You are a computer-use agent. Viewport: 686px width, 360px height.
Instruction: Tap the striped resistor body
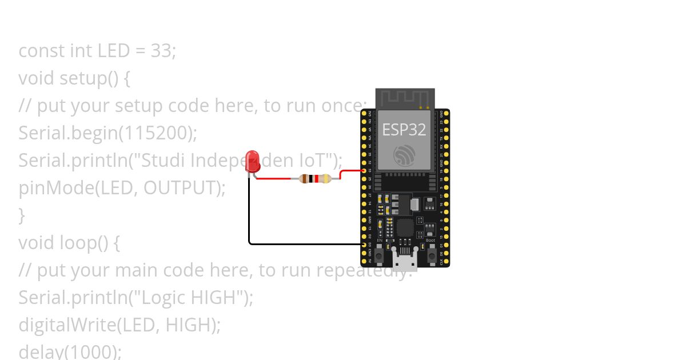point(314,179)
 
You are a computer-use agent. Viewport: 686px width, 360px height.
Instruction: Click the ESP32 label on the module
point(404,130)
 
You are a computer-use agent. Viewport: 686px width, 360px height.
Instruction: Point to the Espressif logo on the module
point(404,155)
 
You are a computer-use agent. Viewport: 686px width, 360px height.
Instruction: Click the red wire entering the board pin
point(351,170)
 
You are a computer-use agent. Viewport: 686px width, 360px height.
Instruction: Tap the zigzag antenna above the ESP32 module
point(405,97)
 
